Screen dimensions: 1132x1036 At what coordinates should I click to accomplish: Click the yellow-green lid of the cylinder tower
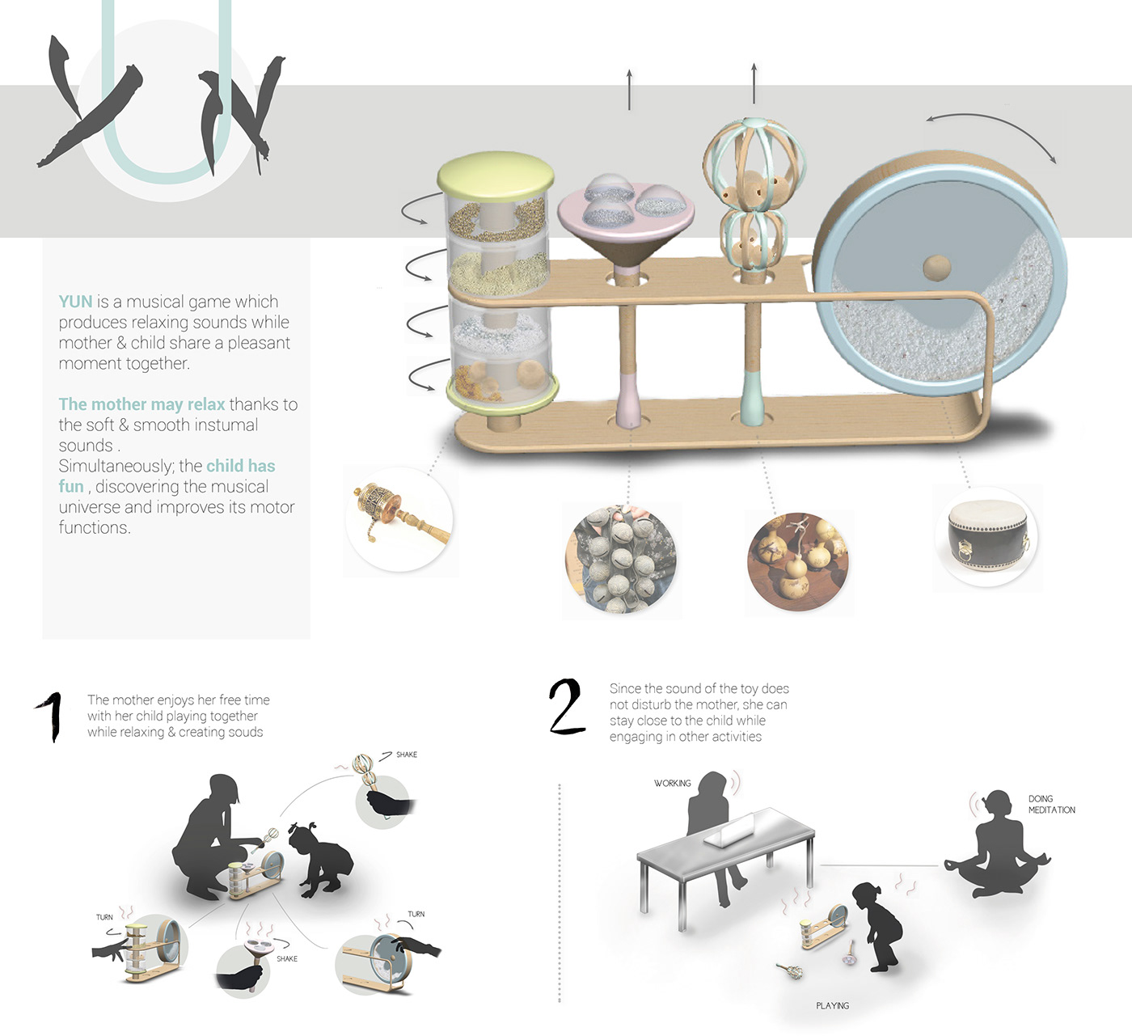click(495, 172)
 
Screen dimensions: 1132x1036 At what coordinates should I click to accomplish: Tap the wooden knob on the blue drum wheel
click(937, 267)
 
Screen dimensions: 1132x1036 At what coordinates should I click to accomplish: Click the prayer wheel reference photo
click(399, 519)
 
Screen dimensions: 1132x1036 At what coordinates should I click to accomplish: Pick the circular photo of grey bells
click(621, 558)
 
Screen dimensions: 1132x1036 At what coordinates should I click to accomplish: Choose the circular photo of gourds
click(799, 563)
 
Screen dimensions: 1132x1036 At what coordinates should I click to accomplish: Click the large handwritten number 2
click(568, 707)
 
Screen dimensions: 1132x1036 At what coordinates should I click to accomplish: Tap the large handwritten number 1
click(51, 716)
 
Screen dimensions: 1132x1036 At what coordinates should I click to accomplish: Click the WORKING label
click(672, 783)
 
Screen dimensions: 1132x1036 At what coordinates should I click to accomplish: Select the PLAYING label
click(832, 1005)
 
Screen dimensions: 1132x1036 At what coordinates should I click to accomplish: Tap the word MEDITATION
click(1051, 810)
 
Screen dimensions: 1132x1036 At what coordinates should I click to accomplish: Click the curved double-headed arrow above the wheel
click(990, 131)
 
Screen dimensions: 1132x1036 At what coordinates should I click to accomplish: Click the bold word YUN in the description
click(75, 302)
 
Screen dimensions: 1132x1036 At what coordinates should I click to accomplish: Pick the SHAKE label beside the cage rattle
click(406, 755)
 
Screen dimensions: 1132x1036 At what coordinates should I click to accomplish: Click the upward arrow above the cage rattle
click(754, 83)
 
